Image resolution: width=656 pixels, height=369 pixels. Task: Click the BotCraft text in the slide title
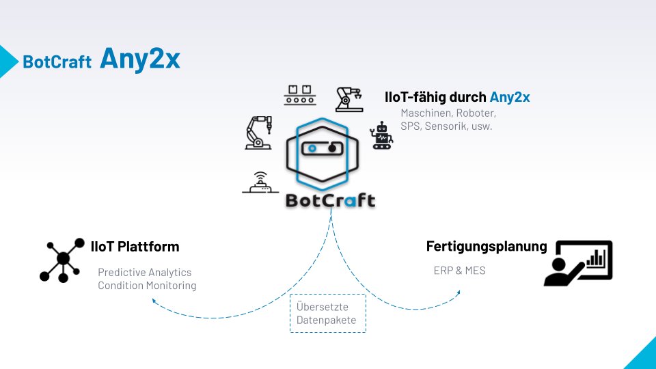[x=57, y=61]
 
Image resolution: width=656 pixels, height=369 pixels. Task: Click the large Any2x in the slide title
[x=140, y=59]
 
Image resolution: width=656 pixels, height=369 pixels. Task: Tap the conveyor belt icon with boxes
[x=301, y=95]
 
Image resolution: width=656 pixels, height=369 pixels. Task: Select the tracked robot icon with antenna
[x=381, y=136]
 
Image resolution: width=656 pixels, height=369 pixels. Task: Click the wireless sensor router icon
[x=260, y=182]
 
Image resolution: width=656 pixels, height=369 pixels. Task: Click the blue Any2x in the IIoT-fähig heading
[x=510, y=97]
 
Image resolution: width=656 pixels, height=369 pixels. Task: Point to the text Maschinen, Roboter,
[x=448, y=113]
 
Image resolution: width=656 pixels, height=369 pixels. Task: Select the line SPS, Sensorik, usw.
[x=446, y=126]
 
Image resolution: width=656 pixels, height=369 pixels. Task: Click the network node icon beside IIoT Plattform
[x=63, y=260]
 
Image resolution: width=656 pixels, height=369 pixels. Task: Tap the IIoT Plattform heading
[x=135, y=246]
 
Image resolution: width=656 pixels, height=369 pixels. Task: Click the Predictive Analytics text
[x=145, y=272]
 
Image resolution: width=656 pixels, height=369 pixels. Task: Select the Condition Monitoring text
[x=147, y=286]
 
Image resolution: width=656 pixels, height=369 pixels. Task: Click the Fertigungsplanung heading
[x=487, y=246]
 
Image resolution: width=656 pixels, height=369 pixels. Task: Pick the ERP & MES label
[x=459, y=271]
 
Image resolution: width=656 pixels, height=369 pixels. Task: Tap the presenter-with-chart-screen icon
[x=579, y=262]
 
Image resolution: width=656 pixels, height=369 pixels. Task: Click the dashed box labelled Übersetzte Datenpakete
[x=327, y=314]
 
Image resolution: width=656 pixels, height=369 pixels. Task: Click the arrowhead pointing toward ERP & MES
[x=457, y=291]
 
